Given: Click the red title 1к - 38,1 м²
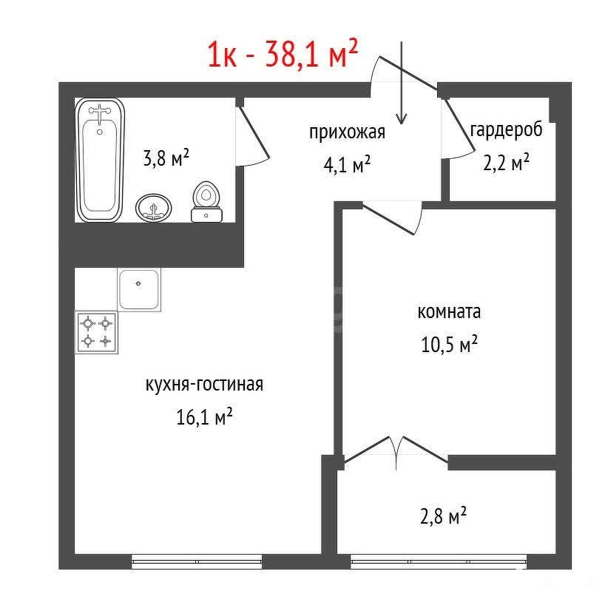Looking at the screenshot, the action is [283, 53].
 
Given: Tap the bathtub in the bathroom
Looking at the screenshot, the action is [100, 160].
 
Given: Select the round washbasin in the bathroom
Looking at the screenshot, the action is [154, 207].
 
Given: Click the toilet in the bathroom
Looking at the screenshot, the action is [206, 202].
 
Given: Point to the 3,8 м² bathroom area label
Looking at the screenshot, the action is [166, 158].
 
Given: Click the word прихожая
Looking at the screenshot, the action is [347, 132].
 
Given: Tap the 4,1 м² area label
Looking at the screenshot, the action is [347, 164].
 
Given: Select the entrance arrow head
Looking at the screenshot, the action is [402, 118].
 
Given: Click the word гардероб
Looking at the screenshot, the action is [506, 130].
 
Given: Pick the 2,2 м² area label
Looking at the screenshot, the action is [506, 162].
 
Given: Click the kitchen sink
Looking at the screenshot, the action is [139, 289].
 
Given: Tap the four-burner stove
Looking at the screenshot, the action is [96, 332].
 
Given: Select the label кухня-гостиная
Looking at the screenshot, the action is [204, 385].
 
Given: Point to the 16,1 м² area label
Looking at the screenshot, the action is [204, 416].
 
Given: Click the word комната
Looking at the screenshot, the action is [449, 311].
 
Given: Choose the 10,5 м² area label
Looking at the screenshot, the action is [449, 344].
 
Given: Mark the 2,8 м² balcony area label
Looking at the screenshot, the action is [443, 516].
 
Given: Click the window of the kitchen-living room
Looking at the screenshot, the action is [197, 561].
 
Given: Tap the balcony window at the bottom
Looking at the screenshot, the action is [439, 561].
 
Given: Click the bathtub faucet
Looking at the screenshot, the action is [100, 112].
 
